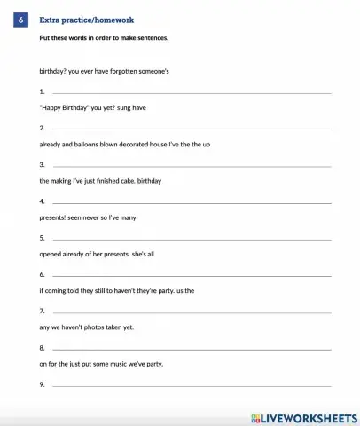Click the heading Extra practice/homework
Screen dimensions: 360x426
pos(86,20)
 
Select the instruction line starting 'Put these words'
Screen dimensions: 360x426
pos(104,38)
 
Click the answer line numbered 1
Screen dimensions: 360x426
pos(192,92)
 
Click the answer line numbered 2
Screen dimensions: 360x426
pos(192,129)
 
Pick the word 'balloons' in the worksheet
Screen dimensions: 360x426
pos(89,144)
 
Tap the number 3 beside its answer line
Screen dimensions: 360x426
pos(43,166)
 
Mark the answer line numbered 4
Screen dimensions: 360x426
pos(192,202)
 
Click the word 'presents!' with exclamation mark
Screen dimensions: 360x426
pos(54,217)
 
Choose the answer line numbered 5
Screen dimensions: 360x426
pos(192,239)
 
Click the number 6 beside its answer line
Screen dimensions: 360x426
pos(43,275)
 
